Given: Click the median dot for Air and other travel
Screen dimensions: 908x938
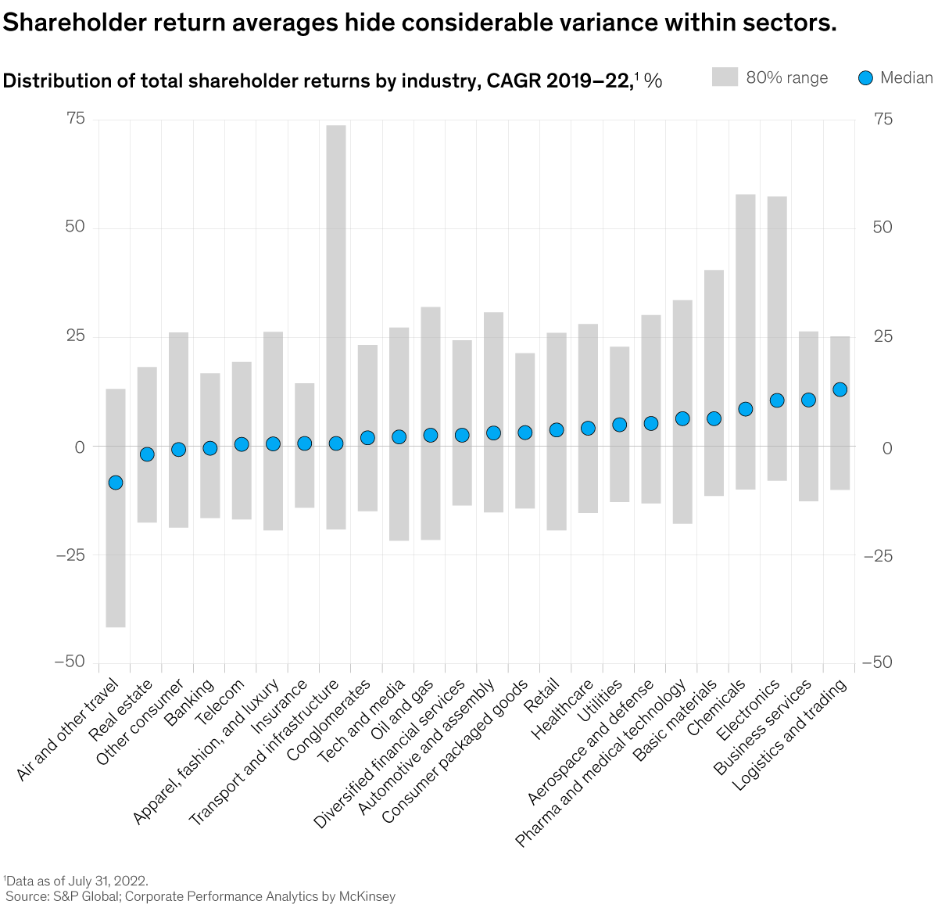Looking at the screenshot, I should [x=116, y=483].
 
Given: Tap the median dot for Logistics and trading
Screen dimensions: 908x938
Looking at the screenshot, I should [x=840, y=389].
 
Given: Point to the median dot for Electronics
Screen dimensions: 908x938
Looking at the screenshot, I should [x=777, y=400].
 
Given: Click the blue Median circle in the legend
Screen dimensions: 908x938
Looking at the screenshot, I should [x=865, y=77].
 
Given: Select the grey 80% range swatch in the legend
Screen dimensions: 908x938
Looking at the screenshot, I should [x=725, y=77].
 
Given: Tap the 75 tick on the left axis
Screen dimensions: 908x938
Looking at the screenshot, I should [x=76, y=119].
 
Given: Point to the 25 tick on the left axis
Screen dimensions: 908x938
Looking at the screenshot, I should [x=76, y=336].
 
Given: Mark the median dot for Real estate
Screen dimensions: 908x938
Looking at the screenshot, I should [x=147, y=454].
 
